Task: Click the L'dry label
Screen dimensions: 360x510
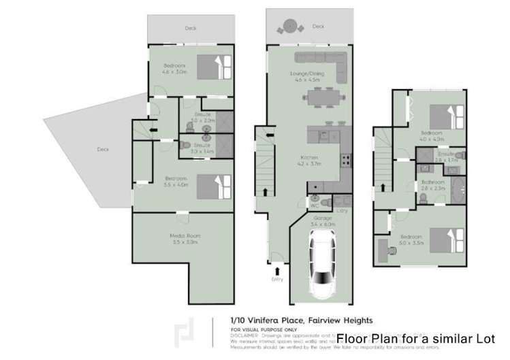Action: [340, 212]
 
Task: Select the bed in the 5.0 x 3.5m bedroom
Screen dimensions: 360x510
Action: [445, 240]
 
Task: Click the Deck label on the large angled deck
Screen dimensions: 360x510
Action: [102, 149]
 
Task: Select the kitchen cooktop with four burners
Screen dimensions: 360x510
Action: [345, 162]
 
